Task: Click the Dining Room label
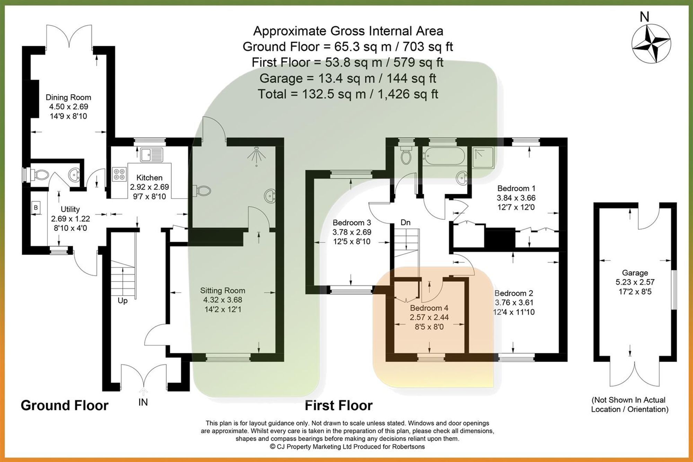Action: point(68,97)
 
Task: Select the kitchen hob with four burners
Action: point(119,174)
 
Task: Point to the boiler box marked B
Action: point(36,208)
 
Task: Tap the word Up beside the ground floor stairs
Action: point(122,300)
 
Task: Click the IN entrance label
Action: point(143,402)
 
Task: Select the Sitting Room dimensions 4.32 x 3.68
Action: point(222,300)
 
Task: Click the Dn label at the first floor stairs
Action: point(405,223)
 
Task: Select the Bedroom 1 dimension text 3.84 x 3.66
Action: point(516,198)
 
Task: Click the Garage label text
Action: point(634,273)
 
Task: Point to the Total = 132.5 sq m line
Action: point(348,94)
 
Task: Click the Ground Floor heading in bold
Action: point(64,405)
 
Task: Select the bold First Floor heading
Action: point(339,405)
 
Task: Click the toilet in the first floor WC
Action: point(405,157)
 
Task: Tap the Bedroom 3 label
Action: point(352,223)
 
